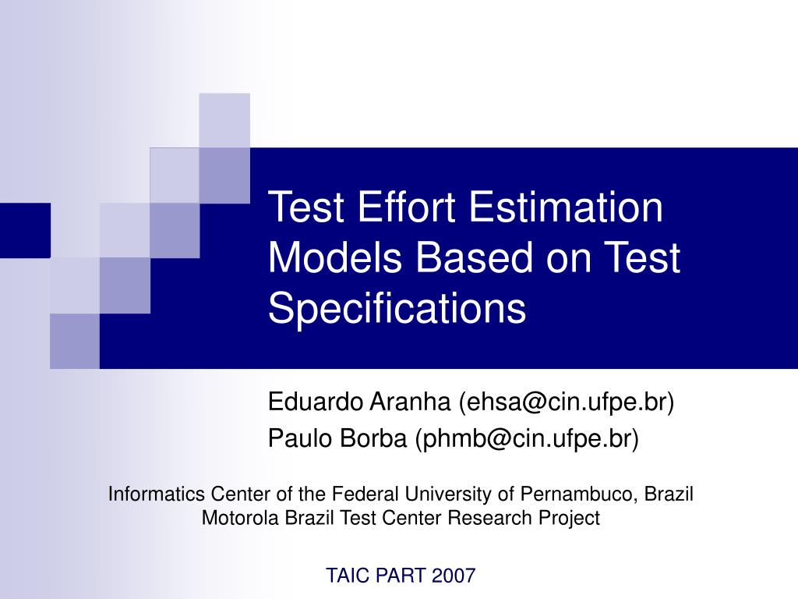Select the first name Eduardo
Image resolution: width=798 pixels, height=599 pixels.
click(x=316, y=402)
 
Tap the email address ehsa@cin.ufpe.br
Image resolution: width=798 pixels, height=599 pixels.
click(x=567, y=402)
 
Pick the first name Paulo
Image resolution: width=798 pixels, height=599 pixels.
click(x=297, y=439)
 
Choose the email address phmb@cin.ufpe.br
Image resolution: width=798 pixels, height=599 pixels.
click(x=528, y=439)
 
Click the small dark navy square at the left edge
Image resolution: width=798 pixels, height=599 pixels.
click(x=25, y=230)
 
